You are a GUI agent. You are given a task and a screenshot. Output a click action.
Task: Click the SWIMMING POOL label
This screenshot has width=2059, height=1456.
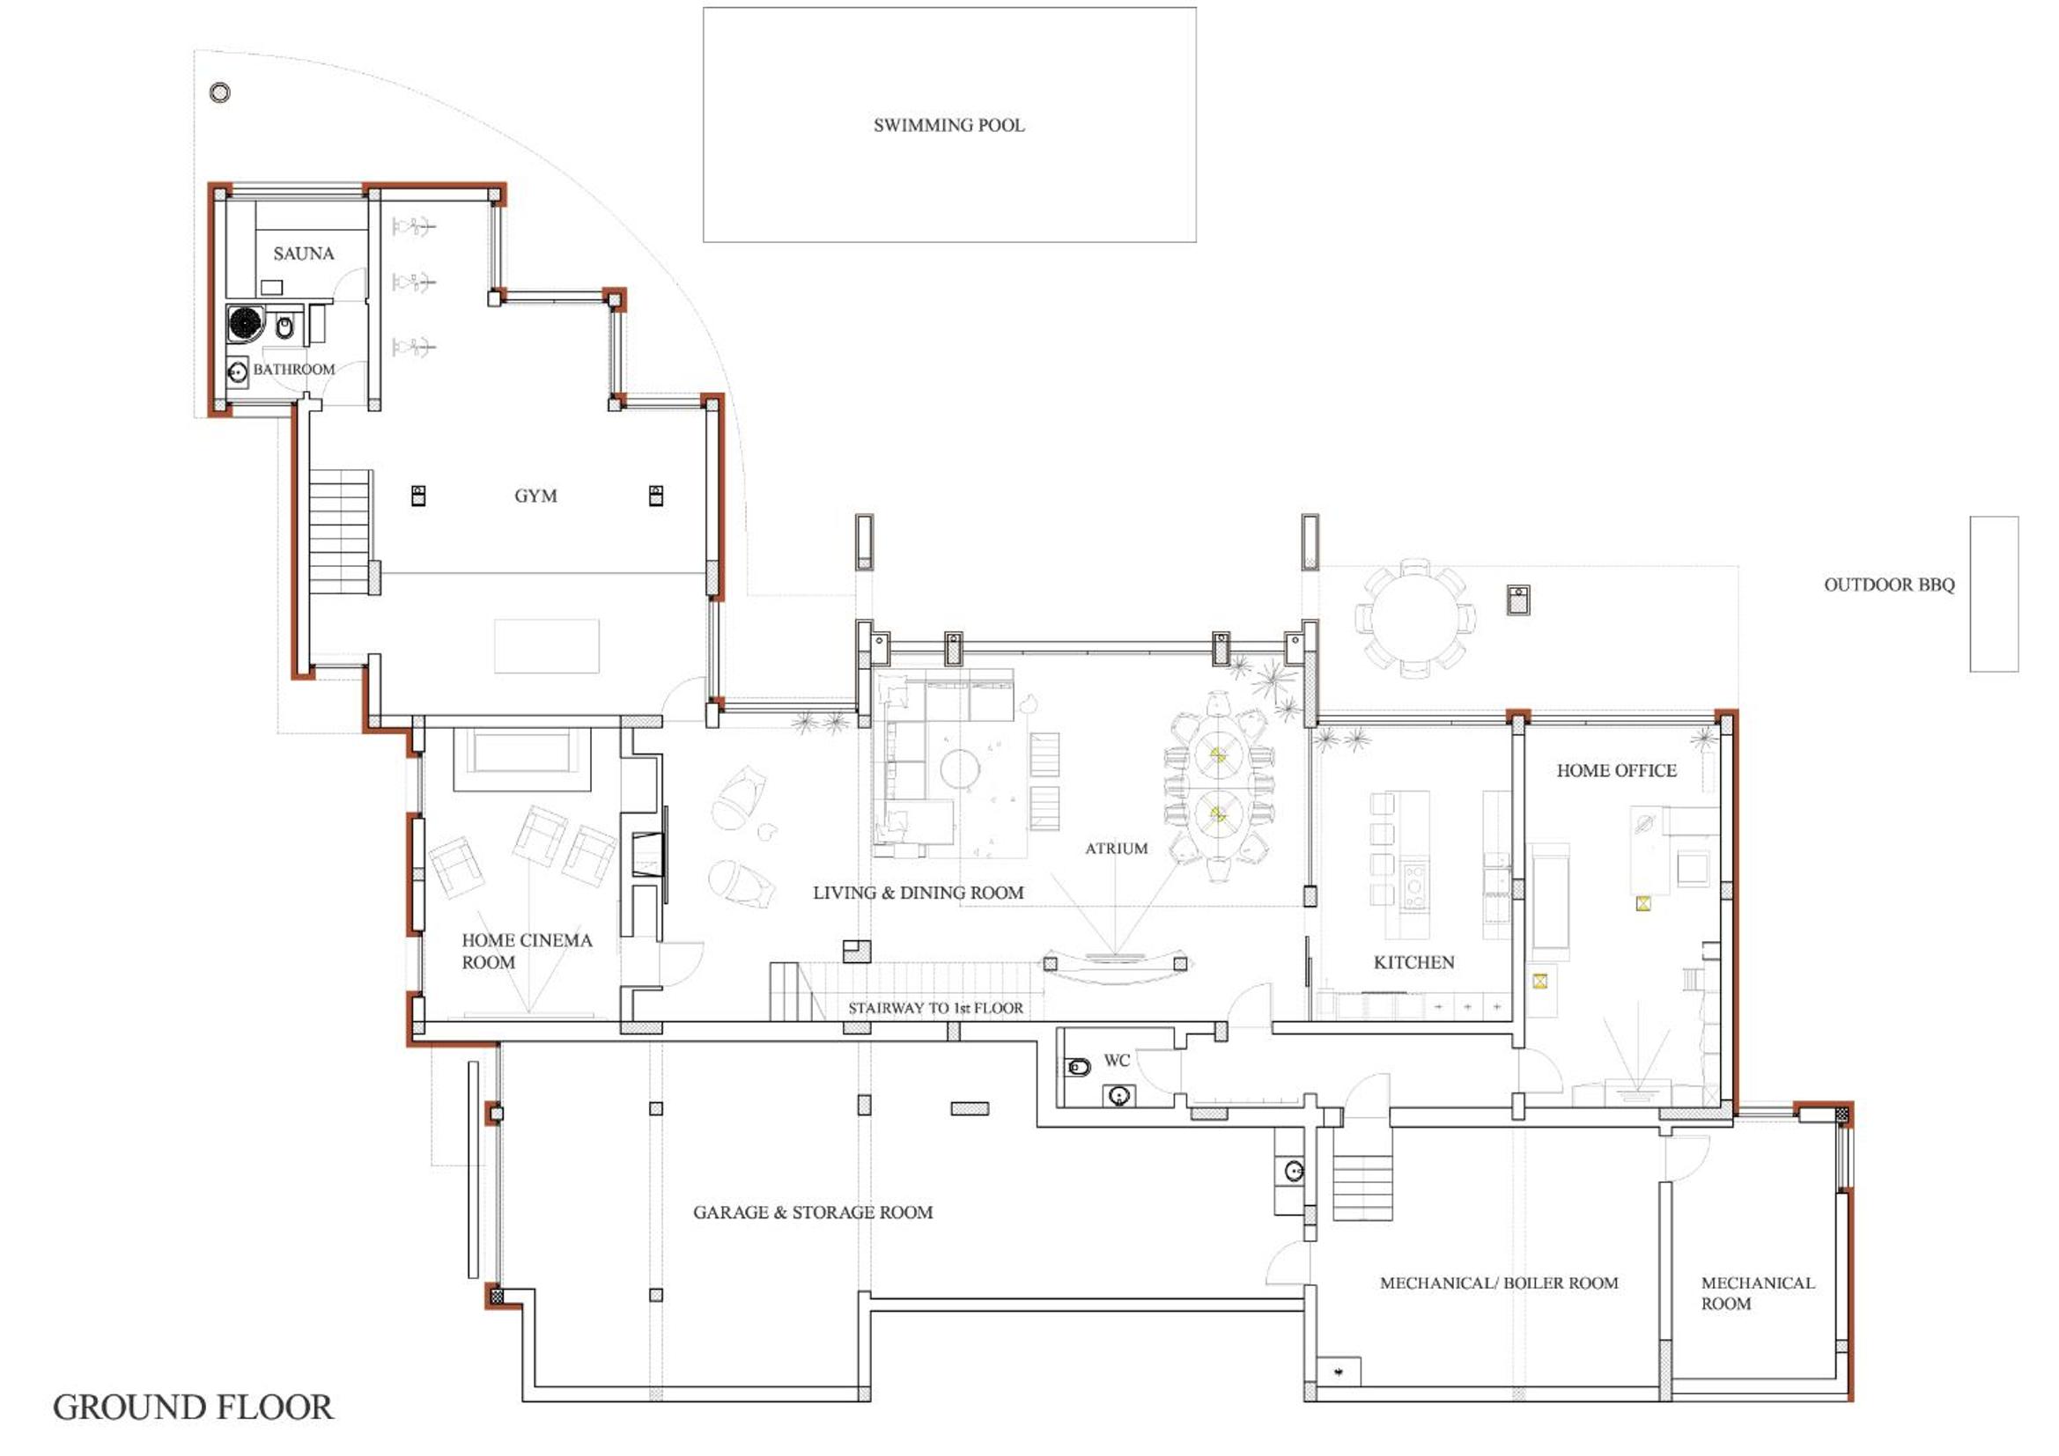click(948, 126)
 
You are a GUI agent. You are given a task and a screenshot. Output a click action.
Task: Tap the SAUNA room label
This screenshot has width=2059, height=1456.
click(304, 254)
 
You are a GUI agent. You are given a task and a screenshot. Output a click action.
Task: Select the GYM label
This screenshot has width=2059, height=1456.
click(535, 496)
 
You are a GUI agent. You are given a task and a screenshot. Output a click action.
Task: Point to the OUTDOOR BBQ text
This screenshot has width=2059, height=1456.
click(1890, 585)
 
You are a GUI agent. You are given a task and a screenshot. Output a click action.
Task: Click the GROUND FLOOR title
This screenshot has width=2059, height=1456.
click(193, 1408)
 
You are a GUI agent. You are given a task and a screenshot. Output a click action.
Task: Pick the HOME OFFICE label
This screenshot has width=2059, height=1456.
click(1616, 770)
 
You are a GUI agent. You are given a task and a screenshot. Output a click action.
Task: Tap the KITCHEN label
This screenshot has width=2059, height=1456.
click(1414, 962)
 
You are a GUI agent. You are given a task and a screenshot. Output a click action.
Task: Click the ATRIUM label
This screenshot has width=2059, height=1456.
click(1117, 848)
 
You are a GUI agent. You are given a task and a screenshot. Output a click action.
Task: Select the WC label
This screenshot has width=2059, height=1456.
click(1117, 1061)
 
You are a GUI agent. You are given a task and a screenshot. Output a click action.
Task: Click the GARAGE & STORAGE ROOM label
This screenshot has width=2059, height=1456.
click(813, 1212)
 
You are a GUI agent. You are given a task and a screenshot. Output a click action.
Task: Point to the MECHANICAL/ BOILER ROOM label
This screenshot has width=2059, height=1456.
click(1499, 1283)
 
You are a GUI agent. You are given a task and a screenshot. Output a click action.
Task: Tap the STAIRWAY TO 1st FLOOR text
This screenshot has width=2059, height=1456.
click(935, 1008)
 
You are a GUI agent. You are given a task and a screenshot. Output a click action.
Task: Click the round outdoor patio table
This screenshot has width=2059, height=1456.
click(1415, 618)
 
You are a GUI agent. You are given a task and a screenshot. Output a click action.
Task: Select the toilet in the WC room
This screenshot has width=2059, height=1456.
click(1078, 1067)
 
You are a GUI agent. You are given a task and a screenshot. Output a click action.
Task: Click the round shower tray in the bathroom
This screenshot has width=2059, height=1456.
click(245, 323)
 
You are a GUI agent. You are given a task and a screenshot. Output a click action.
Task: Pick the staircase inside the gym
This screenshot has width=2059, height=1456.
click(340, 532)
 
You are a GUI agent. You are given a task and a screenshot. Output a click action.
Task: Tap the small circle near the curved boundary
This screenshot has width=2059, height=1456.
click(219, 92)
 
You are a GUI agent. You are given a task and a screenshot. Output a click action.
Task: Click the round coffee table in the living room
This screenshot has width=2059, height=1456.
click(960, 769)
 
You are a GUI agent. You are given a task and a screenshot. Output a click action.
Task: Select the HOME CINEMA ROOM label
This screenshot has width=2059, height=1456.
click(527, 952)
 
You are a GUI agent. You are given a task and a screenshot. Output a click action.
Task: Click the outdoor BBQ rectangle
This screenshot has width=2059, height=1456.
click(1995, 593)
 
